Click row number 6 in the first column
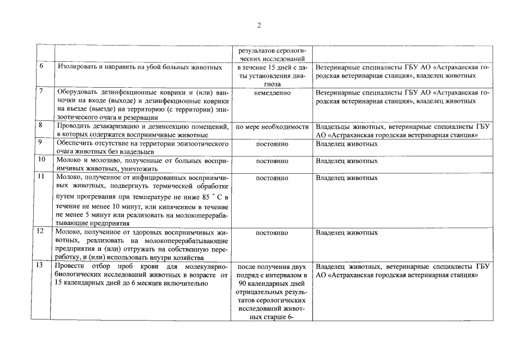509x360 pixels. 42,66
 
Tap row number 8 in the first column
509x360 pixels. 42,125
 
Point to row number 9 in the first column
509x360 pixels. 42,143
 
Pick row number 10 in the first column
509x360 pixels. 42,160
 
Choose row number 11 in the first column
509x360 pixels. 42,177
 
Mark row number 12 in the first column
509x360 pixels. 42,231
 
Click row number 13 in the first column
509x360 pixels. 42,265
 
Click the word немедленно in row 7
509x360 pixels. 272,92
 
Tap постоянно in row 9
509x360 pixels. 272,144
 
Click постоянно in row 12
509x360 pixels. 272,232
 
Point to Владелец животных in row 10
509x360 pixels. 346,161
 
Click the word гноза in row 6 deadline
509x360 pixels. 272,83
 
